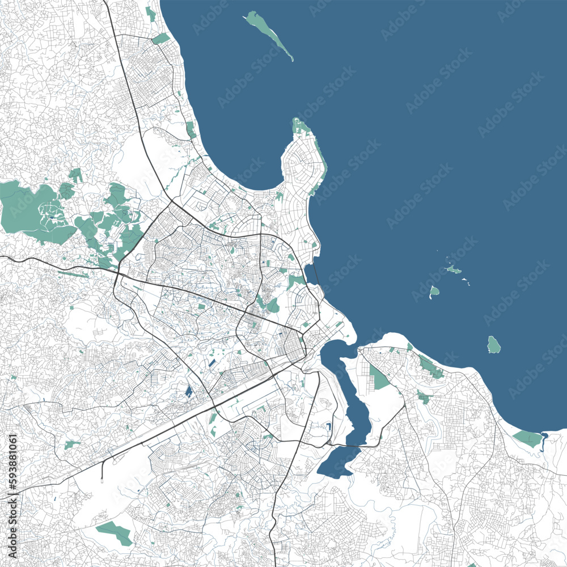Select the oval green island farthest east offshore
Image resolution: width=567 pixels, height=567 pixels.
493,344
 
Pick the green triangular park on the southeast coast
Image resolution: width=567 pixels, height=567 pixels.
527,438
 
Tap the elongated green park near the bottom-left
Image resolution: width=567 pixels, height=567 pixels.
114,532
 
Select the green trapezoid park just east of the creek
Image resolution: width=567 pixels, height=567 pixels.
379,377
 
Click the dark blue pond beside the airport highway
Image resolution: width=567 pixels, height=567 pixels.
188,391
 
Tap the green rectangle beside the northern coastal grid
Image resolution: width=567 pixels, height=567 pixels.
161,39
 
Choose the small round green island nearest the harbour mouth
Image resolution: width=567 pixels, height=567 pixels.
434,292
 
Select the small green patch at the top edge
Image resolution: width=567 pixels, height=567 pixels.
150,14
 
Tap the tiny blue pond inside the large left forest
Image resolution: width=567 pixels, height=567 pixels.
52,215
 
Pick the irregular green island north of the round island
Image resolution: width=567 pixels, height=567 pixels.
453,269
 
